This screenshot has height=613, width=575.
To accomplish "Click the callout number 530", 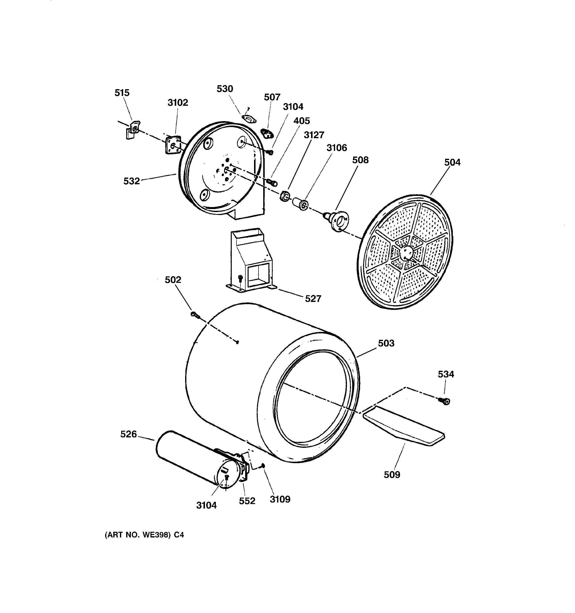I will tap(225, 89).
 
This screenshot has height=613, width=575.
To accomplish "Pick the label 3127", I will tap(314, 135).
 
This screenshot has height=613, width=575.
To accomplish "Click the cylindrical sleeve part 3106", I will tap(300, 203).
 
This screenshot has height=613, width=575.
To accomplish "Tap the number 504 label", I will tap(452, 162).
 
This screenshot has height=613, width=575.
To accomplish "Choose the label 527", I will tap(313, 298).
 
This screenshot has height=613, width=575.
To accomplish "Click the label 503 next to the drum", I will tap(386, 343).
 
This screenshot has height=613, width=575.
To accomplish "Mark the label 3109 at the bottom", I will tap(280, 499).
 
